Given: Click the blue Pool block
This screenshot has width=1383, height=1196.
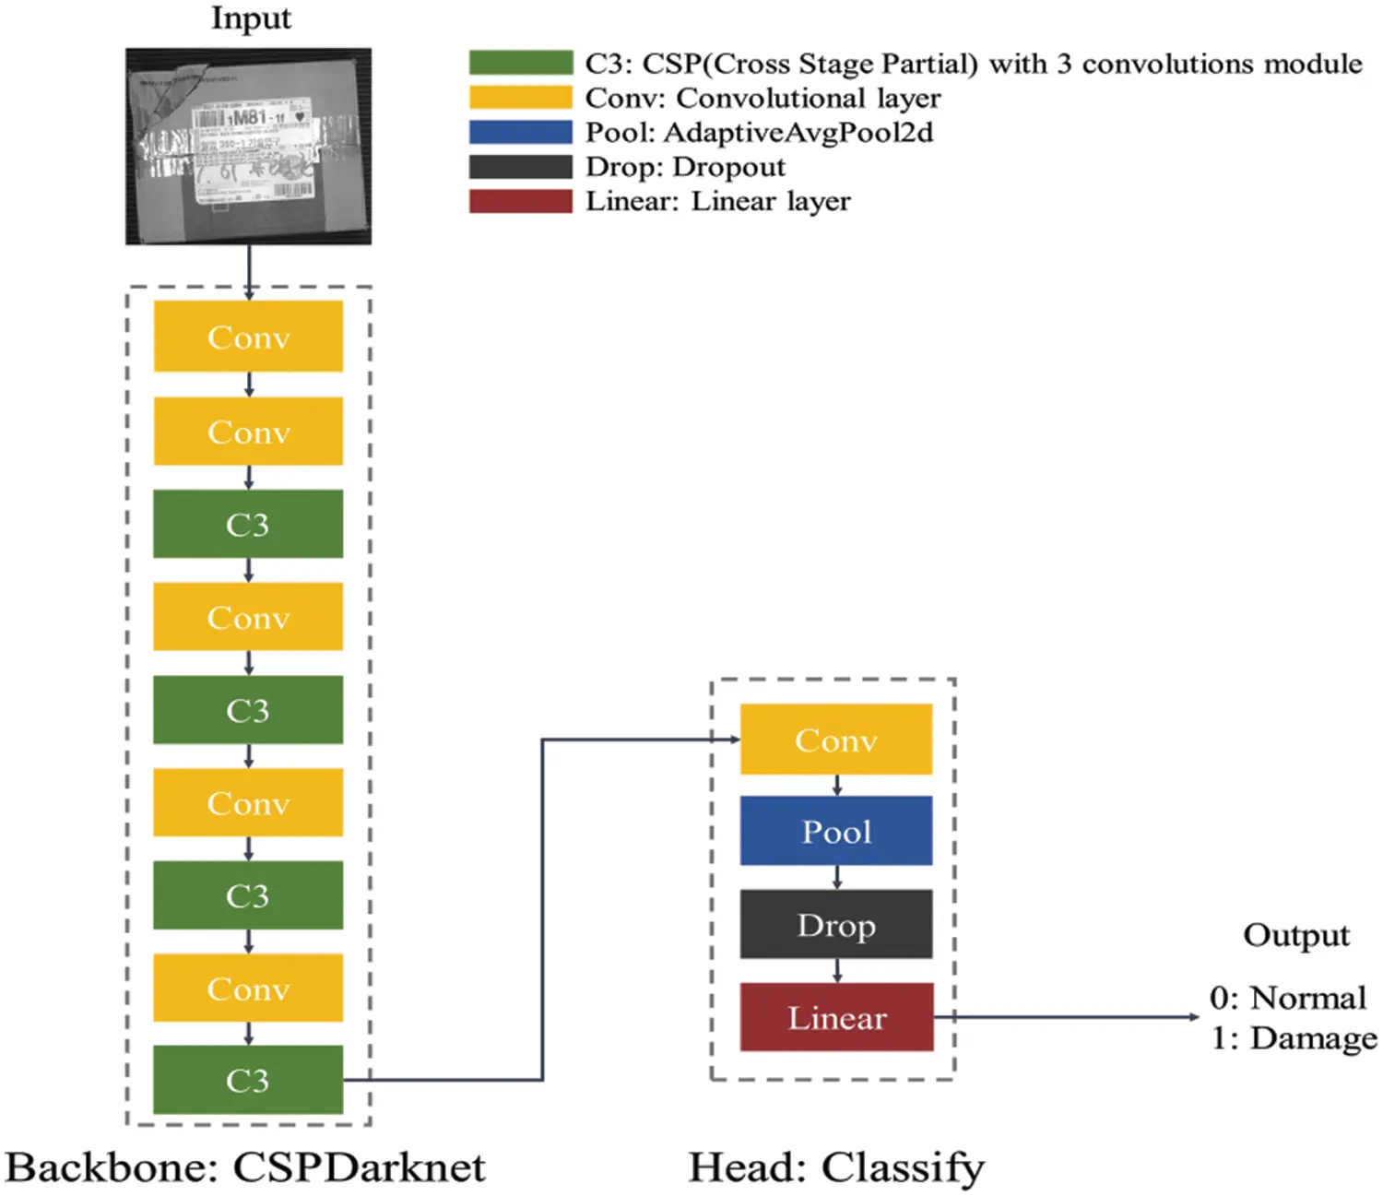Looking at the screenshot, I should [x=835, y=831].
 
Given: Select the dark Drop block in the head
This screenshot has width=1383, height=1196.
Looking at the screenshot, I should [x=835, y=924].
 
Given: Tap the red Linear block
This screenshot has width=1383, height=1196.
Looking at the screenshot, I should [x=835, y=1017].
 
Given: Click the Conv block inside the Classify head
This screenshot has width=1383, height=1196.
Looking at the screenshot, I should [x=835, y=740].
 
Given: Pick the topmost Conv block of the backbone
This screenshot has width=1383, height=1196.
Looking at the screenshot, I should [x=248, y=337].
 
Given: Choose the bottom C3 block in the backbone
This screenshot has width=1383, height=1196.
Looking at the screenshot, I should [x=248, y=1080].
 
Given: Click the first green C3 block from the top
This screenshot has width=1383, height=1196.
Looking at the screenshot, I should [x=248, y=524].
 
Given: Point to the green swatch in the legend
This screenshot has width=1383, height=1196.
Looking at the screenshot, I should [x=520, y=63].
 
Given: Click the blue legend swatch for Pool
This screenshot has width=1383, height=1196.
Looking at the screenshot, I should [x=520, y=132].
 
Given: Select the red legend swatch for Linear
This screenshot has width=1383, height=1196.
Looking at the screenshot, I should [x=520, y=201].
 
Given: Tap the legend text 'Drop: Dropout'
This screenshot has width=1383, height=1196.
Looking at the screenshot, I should [x=685, y=167].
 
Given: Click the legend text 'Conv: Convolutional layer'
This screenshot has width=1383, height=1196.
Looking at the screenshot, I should [x=762, y=98].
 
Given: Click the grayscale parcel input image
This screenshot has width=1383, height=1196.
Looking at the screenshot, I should [x=248, y=147].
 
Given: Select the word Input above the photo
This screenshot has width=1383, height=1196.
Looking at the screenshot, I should [x=251, y=18].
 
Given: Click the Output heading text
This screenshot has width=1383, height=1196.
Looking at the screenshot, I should [x=1295, y=935].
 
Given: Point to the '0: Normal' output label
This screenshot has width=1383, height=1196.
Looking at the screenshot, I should [x=1288, y=998].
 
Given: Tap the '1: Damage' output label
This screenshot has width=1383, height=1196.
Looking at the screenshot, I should [x=1294, y=1038].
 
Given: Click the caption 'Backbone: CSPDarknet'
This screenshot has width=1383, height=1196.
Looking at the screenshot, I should [x=245, y=1167].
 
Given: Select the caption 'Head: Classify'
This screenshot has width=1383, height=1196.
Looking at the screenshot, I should [x=835, y=1167].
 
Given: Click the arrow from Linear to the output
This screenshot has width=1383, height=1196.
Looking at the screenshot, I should [x=1070, y=1017].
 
